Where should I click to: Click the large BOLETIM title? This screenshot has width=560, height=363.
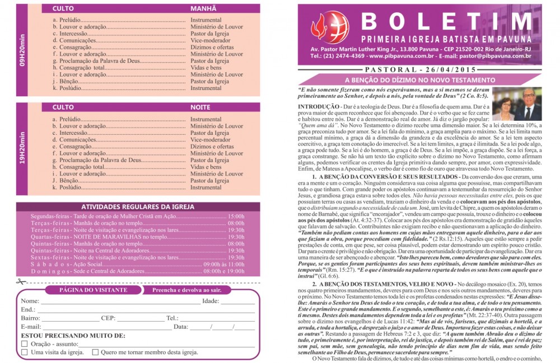pyautogui.click(x=446, y=22)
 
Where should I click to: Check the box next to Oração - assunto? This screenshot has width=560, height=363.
pyautogui.click(x=24, y=343)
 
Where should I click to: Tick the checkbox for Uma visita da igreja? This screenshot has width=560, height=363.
pyautogui.click(x=24, y=352)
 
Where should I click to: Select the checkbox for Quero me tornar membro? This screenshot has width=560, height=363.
pyautogui.click(x=95, y=352)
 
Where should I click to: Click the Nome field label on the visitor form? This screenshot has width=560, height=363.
pyautogui.click(x=30, y=301)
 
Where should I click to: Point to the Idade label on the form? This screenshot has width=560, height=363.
pyautogui.click(x=210, y=301)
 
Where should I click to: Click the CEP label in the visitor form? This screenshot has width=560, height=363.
pyautogui.click(x=108, y=318)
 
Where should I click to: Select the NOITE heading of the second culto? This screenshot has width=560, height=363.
pyautogui.click(x=200, y=107)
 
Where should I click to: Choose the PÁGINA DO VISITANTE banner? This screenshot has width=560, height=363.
pyautogui.click(x=93, y=290)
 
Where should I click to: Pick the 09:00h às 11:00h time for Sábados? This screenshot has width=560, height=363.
pyautogui.click(x=224, y=263)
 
